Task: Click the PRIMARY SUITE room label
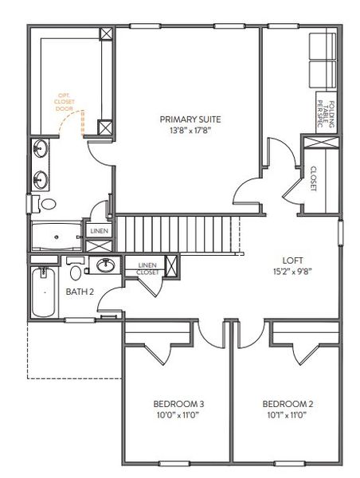(189, 119)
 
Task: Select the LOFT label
(292, 260)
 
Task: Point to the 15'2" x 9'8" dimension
(292, 271)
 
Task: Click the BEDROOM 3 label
(177, 404)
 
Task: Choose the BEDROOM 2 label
(284, 404)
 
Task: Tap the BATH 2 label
(80, 292)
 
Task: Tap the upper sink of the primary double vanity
(41, 148)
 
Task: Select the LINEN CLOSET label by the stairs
(147, 268)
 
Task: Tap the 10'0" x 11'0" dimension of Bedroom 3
(177, 414)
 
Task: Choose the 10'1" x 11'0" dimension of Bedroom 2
(284, 414)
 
